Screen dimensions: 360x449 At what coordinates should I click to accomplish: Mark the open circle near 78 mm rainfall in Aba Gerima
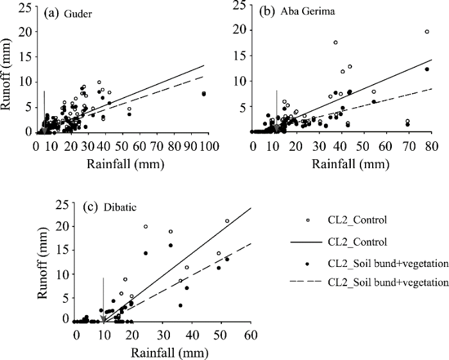point(427,31)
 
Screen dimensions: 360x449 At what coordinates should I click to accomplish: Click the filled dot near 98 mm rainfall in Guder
point(203,94)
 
